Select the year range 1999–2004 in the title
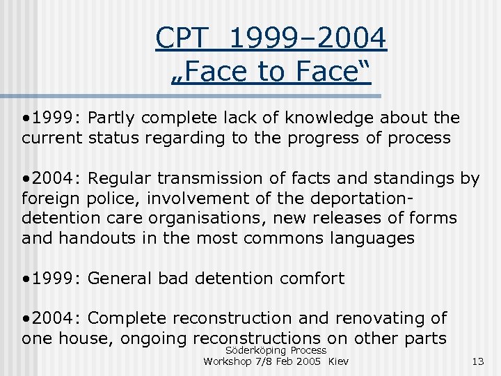click(307, 38)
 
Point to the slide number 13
click(477, 361)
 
